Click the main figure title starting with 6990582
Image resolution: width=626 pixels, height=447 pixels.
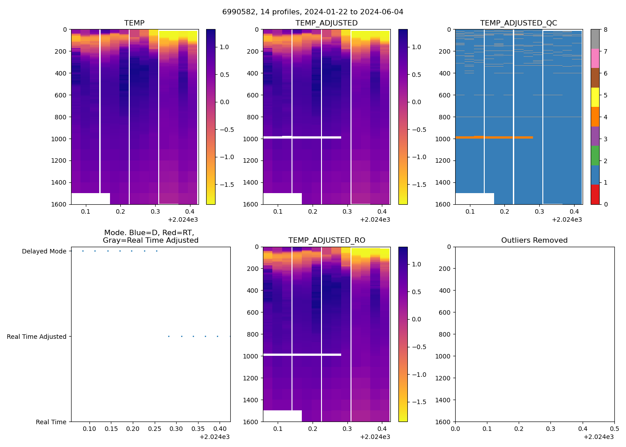(x=313, y=12)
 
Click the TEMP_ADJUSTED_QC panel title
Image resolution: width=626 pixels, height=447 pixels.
(x=518, y=23)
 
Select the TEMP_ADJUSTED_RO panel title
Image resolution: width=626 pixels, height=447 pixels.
(x=326, y=240)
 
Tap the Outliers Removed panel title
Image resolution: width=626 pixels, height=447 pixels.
(x=534, y=240)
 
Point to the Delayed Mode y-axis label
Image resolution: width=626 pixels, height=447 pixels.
(x=44, y=251)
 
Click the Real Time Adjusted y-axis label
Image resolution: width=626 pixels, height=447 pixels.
(x=37, y=337)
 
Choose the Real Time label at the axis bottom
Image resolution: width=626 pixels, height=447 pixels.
(x=51, y=422)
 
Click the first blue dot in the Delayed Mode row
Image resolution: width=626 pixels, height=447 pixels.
(x=83, y=251)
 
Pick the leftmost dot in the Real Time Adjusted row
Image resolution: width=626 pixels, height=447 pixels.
(x=169, y=336)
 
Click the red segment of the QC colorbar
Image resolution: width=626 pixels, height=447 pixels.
(x=595, y=194)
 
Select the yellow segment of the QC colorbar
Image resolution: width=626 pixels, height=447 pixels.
(x=595, y=97)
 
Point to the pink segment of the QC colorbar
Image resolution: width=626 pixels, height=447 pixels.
(x=595, y=58)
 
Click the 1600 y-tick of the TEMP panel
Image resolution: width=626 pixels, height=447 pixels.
(x=60, y=204)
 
